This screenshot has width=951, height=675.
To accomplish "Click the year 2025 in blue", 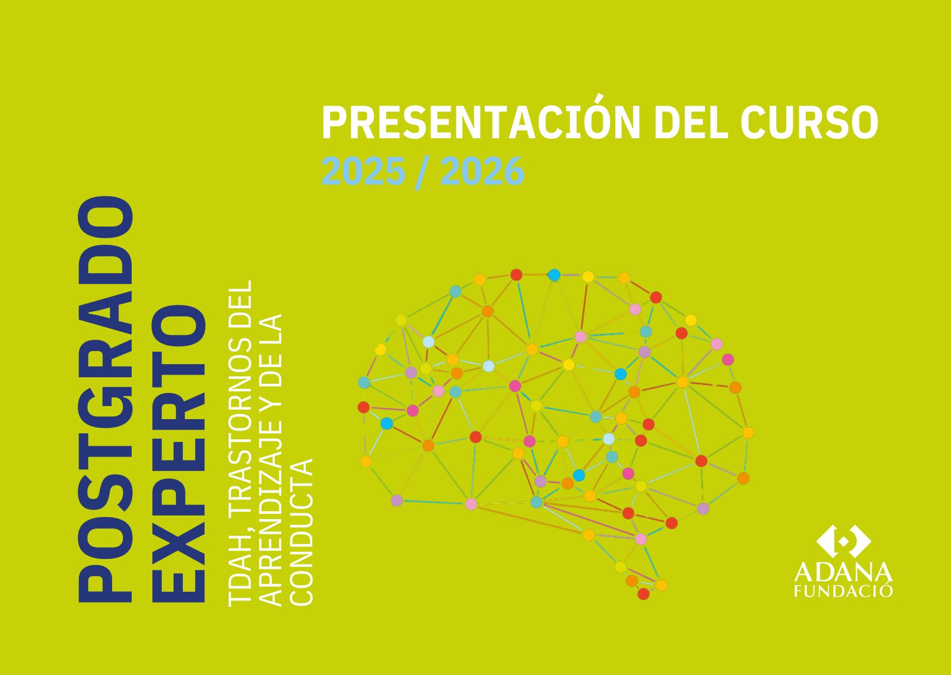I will coord(363,171).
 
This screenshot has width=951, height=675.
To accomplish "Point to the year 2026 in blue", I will coord(483,171).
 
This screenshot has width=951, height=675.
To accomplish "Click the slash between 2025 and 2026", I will coord(423,171).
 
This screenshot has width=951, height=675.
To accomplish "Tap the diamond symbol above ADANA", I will coord(843,542).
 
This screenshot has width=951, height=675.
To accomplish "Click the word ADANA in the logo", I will coord(843,573).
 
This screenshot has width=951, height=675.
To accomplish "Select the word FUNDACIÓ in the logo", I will coord(843,591).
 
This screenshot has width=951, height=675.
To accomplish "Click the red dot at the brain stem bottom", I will coord(643,594).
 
